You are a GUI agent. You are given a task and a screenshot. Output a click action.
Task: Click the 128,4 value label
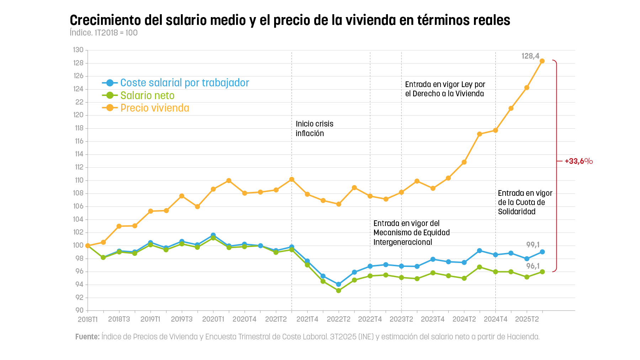(x=530, y=56)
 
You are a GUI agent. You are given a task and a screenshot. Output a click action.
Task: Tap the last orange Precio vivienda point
(x=542, y=61)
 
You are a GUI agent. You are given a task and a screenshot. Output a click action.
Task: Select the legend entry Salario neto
(x=147, y=96)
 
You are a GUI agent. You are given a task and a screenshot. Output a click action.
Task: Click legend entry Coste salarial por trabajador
(x=185, y=83)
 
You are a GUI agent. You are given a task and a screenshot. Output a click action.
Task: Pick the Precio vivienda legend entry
(x=155, y=108)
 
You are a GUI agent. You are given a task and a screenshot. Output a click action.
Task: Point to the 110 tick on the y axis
(x=79, y=180)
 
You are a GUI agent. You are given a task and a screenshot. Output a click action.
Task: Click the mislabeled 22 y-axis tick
(x=79, y=102)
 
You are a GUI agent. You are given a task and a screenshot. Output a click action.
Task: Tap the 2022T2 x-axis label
(x=338, y=319)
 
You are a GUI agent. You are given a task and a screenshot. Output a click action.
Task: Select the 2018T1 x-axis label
(x=87, y=319)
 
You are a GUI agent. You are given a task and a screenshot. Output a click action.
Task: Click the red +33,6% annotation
(x=578, y=161)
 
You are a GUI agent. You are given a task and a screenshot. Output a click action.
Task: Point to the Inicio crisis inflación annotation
(x=314, y=129)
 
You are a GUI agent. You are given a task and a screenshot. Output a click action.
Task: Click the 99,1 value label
(x=533, y=245)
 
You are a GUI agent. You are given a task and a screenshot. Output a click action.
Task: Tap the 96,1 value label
(x=533, y=266)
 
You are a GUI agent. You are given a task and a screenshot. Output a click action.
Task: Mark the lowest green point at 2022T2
(x=338, y=291)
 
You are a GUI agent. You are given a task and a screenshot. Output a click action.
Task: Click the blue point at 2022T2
(x=338, y=284)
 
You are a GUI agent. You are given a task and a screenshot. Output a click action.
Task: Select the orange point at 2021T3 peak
(x=292, y=179)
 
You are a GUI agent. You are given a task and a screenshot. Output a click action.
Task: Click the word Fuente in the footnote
(x=87, y=337)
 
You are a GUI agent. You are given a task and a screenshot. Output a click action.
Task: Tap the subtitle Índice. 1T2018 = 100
(x=103, y=33)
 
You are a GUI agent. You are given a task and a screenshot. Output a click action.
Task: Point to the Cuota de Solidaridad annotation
(x=525, y=203)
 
